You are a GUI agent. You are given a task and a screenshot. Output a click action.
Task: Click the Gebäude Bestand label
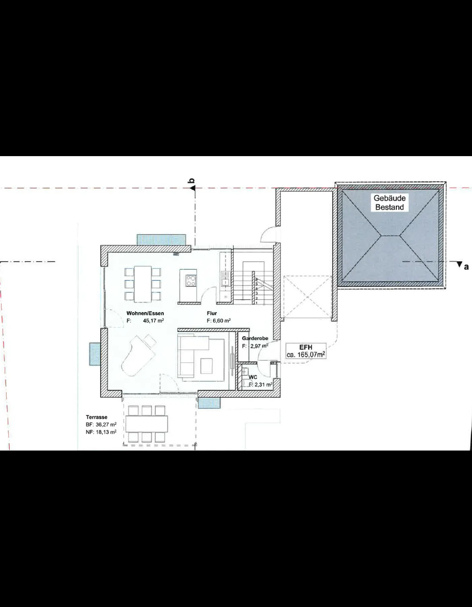[x=389, y=203]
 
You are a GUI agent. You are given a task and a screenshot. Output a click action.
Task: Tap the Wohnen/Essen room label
[x=145, y=313]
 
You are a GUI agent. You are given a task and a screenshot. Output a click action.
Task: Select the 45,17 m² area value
[x=153, y=320]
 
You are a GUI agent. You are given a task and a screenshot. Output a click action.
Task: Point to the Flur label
[x=212, y=313]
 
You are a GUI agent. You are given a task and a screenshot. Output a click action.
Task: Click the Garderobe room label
[x=255, y=338]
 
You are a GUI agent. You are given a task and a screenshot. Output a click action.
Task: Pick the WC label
[x=253, y=377]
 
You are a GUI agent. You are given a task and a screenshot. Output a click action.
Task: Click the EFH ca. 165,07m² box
[x=306, y=351]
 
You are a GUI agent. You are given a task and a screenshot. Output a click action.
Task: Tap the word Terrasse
[x=96, y=417]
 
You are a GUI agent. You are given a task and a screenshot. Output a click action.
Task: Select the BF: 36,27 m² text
[x=101, y=425]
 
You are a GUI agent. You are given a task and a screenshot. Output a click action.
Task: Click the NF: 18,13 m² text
[x=101, y=432]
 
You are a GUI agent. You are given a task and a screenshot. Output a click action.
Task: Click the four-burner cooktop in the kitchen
[x=191, y=281]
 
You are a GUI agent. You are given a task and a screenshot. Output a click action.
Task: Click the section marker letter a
[x=466, y=267]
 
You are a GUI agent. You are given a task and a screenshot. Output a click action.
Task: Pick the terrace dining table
[x=147, y=424]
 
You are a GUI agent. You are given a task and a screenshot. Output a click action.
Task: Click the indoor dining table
[x=143, y=284]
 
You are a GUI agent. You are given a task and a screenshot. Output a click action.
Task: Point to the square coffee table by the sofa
[x=207, y=366]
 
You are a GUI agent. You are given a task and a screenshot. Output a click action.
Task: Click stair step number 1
[x=257, y=303]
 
